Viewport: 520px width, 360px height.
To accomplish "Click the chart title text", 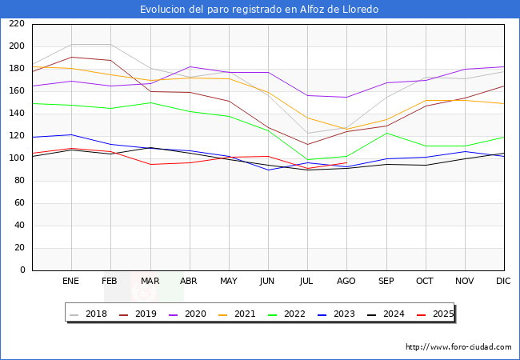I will point(259,10).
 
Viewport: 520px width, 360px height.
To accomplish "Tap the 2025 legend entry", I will point(438,314).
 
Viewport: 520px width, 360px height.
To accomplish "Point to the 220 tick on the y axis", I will point(16,24).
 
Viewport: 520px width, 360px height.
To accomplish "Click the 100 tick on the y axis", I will point(16,158).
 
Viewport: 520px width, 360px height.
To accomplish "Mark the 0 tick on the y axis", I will point(22,270).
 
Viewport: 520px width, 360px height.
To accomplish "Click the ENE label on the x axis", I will point(71,282).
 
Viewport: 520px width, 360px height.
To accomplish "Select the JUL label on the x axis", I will point(306,282).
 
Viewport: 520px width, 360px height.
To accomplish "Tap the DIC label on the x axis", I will point(503,282).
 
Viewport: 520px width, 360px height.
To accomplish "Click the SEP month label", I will point(386,282).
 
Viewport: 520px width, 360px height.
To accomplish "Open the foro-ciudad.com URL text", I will point(458,347).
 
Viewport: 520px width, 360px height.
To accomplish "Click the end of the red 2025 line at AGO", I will point(346,162).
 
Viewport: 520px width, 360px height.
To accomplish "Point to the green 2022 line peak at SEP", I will point(386,133).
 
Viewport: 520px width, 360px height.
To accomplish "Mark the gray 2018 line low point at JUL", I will point(307,134).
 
